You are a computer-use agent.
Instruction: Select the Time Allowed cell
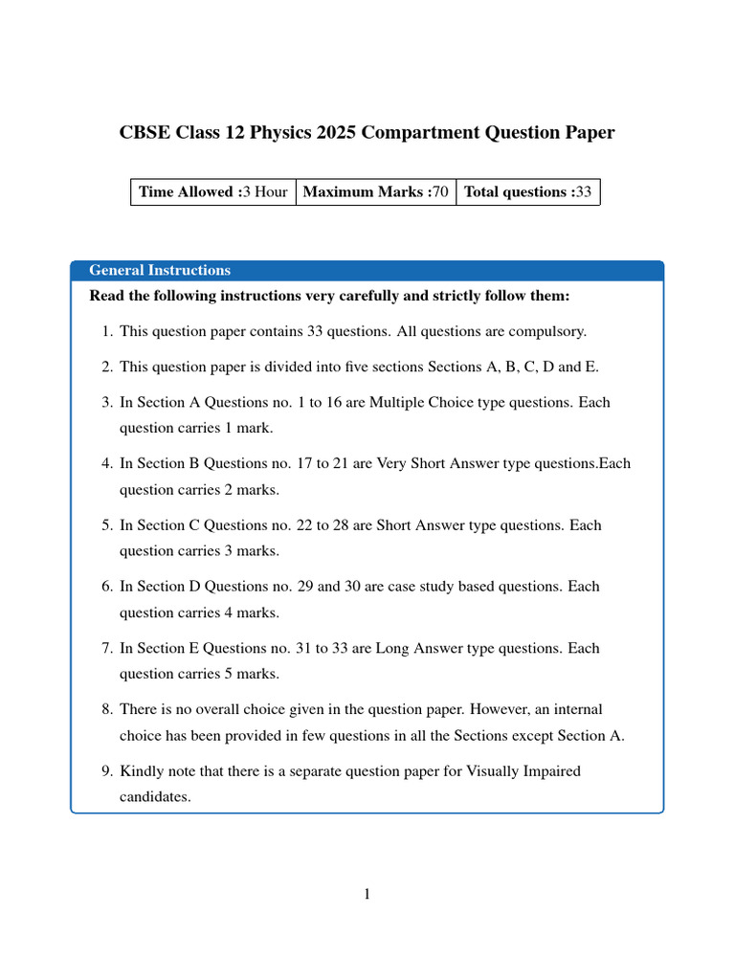click(213, 191)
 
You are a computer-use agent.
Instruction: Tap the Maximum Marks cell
click(376, 191)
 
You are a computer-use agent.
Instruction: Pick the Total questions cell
click(528, 191)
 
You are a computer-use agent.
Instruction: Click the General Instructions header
click(160, 270)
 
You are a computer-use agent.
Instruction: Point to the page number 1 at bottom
click(367, 895)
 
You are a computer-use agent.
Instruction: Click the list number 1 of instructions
click(106, 331)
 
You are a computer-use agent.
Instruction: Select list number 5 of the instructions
click(106, 525)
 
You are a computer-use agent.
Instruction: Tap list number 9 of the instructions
click(106, 770)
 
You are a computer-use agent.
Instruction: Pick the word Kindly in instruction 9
click(141, 770)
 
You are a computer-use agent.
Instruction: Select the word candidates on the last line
click(153, 795)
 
